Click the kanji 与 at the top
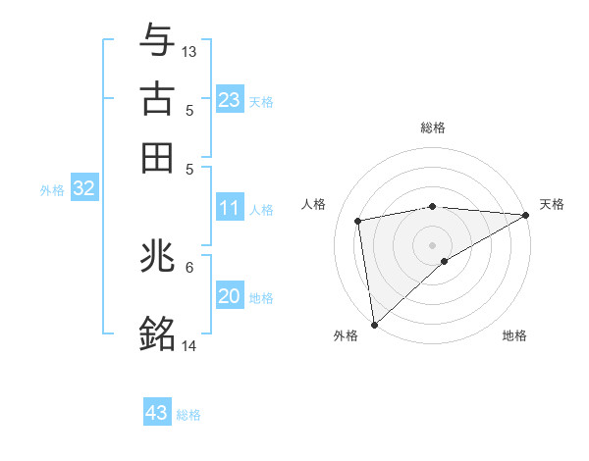[158, 39]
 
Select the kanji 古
[158, 98]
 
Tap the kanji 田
[158, 156]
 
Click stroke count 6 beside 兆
[189, 266]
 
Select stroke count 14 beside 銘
[189, 345]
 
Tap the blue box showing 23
[229, 100]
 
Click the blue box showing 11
[229, 208]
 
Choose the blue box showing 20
[229, 296]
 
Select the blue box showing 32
[83, 189]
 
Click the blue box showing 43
[157, 413]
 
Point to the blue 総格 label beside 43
[188, 415]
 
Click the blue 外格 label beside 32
[52, 190]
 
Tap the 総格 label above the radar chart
[433, 128]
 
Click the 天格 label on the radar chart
[552, 204]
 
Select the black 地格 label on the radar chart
[514, 335]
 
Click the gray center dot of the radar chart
[433, 243]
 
